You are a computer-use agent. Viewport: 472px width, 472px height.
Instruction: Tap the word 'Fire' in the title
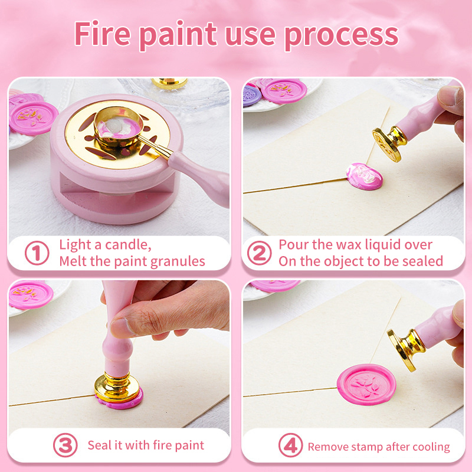click(x=102, y=33)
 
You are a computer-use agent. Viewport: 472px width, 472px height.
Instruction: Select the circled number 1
click(x=37, y=253)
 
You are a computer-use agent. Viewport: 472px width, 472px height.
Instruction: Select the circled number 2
click(x=259, y=253)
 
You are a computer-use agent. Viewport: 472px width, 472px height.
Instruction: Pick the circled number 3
click(x=65, y=445)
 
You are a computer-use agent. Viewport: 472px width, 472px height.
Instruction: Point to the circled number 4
click(x=290, y=445)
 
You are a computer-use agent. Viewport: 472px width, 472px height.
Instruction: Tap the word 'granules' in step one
click(x=178, y=262)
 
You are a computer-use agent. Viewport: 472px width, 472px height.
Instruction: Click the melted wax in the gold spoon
click(x=119, y=126)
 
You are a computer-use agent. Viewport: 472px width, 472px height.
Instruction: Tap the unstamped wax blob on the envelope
click(x=364, y=176)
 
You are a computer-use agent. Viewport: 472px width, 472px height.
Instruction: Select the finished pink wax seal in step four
click(x=366, y=385)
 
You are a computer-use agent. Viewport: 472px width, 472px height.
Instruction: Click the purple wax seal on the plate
click(x=252, y=96)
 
